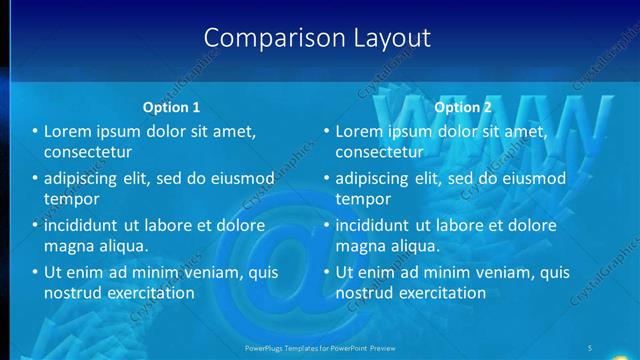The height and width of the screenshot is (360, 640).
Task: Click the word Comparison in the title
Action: pos(262,38)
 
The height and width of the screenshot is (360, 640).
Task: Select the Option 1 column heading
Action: pos(172,107)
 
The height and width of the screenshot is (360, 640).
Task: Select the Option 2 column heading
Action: pos(463,107)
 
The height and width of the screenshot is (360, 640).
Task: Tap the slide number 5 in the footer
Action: pos(590,346)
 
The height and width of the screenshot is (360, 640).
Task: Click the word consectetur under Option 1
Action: pos(88,152)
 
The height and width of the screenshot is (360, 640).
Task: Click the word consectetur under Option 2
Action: pos(379,152)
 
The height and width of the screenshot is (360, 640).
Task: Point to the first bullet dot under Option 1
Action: pos(35,132)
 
